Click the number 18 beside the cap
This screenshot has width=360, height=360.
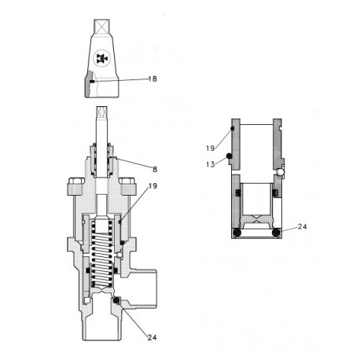click(152, 79)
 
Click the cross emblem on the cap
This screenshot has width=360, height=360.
click(101, 60)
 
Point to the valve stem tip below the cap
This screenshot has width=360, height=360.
click(101, 115)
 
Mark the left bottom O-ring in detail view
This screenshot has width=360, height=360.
click(236, 233)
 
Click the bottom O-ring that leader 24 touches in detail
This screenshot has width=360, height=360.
click(274, 233)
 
